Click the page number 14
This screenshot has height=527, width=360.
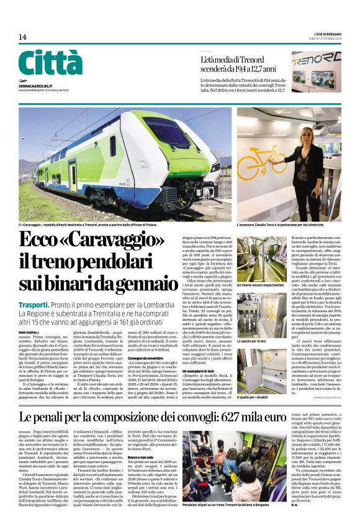click(22, 37)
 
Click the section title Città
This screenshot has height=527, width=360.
click(50, 64)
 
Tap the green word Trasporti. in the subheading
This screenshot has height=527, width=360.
click(34, 305)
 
